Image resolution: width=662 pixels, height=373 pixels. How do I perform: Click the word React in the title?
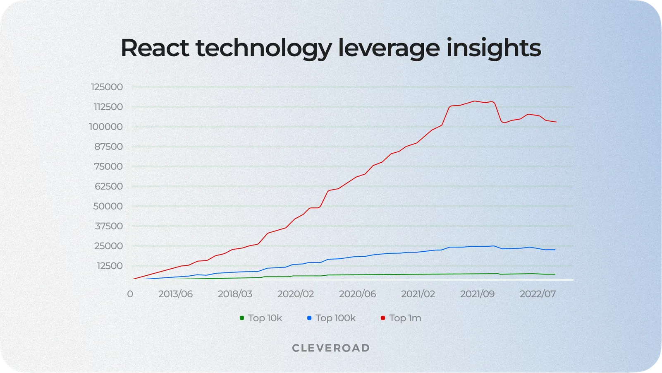coord(155,48)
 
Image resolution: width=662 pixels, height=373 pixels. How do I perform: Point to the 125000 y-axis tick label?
coord(107,87)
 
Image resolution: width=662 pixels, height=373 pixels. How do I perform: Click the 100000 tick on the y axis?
coord(106,127)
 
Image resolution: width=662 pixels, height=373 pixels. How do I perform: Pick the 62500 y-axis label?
coord(108,186)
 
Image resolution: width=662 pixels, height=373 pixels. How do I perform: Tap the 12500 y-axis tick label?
coord(109,266)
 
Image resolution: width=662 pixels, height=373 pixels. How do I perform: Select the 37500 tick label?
coord(108,226)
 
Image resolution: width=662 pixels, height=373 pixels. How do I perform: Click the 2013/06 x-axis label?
coord(175,294)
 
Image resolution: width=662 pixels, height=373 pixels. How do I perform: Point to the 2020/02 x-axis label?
coord(296,294)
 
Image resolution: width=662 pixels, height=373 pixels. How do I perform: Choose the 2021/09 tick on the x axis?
coord(477,294)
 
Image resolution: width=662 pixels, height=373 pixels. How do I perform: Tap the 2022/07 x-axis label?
coord(538,294)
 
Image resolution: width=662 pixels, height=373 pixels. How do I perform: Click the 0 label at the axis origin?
coord(130,294)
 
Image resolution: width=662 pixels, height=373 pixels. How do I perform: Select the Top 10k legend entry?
coord(260,318)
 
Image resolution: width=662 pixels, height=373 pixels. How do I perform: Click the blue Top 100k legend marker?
coord(309,318)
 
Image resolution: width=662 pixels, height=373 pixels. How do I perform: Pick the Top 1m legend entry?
coord(401,318)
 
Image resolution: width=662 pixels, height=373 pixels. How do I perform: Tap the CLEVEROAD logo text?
coord(331,348)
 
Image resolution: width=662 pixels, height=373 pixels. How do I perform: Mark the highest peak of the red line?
coord(475,101)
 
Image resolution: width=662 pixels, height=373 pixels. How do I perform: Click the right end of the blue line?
coord(555,250)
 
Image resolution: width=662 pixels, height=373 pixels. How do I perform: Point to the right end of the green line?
coord(555,274)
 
